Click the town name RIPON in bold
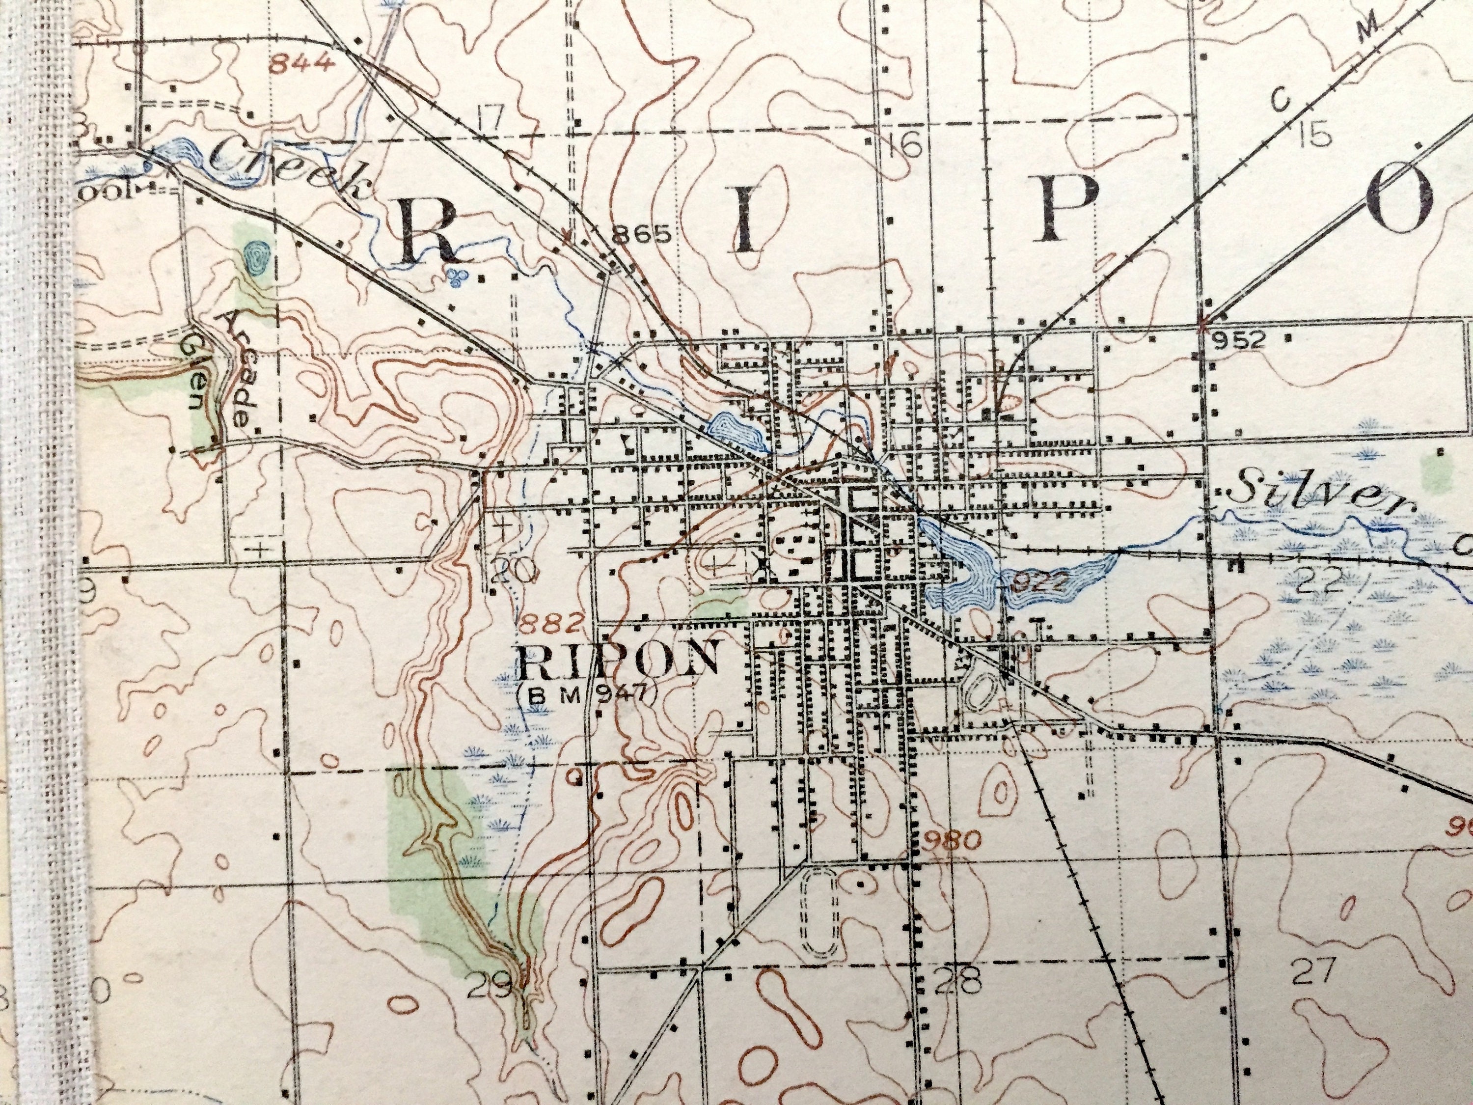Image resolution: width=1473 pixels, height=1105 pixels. pos(618,660)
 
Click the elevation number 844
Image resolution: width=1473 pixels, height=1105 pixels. pos(301,64)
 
